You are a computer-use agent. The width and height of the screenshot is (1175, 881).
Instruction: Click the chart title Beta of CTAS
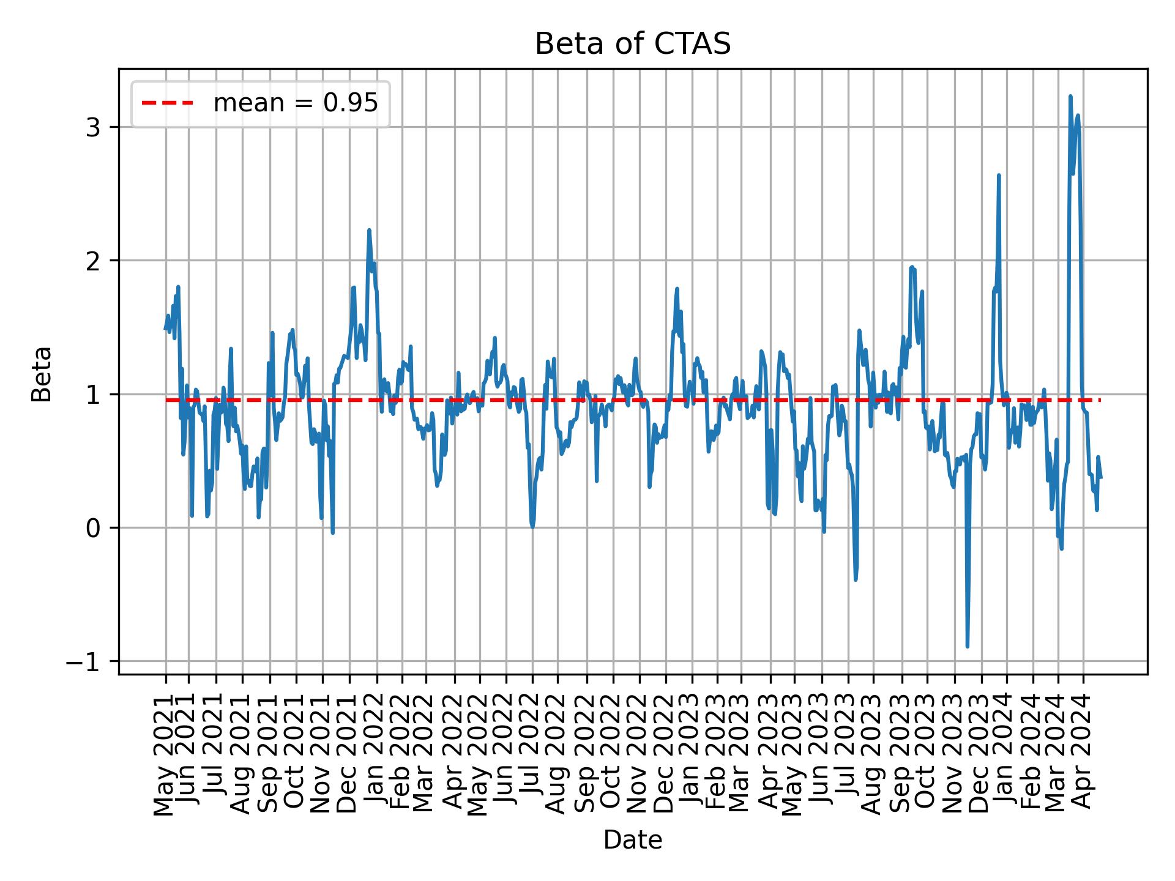[x=633, y=44]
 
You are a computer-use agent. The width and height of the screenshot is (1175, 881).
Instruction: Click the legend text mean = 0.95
[x=296, y=104]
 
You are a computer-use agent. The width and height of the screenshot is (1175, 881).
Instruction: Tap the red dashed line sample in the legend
[x=167, y=104]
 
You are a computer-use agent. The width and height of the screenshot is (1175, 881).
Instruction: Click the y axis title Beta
[x=42, y=374]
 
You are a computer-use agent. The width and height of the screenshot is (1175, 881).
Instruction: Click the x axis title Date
[x=633, y=840]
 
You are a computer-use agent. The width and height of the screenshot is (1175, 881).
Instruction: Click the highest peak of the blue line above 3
[x=1070, y=97]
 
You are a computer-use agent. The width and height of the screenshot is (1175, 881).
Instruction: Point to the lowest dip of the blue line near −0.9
[x=968, y=646]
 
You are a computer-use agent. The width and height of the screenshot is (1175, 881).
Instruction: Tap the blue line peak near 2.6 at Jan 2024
[x=999, y=176]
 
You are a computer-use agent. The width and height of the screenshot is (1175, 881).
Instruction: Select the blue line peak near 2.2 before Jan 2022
[x=369, y=231]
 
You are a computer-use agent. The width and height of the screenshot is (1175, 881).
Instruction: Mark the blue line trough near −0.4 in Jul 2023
[x=856, y=579]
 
